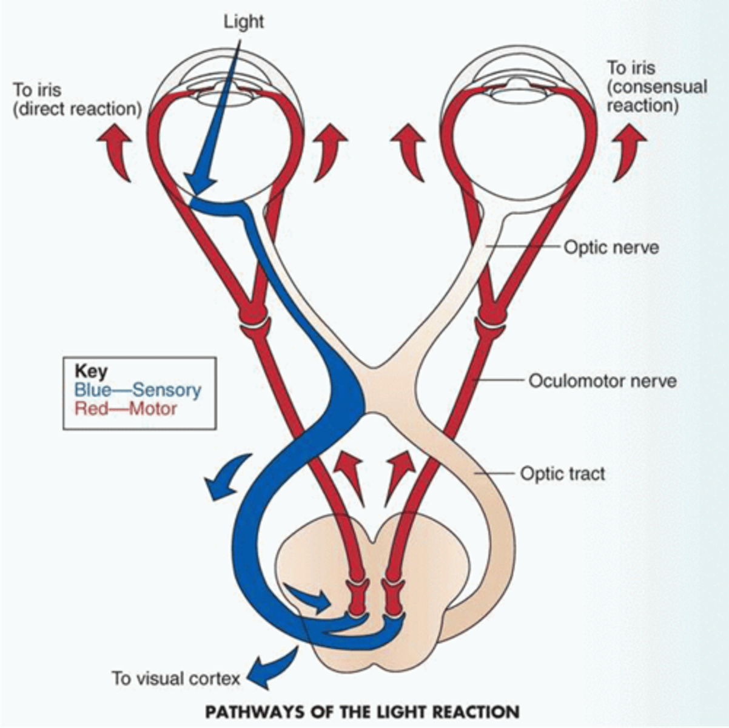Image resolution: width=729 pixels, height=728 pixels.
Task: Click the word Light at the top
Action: tap(243, 22)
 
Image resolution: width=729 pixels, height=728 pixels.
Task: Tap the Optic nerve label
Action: tap(611, 248)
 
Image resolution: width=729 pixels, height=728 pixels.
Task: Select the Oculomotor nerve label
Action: tap(602, 381)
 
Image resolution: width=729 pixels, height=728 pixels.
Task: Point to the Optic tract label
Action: tap(562, 473)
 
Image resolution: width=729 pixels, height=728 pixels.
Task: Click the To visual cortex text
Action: tap(176, 678)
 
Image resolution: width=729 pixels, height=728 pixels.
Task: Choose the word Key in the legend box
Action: tap(90, 371)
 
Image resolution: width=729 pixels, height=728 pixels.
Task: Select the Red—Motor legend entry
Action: tap(126, 408)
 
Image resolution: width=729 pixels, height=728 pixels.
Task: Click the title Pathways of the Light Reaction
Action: tap(362, 711)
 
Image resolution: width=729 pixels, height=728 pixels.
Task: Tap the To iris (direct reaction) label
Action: tap(78, 100)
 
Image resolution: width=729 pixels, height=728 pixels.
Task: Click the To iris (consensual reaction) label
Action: tap(656, 86)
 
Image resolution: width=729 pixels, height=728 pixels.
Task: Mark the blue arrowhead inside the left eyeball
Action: tap(200, 180)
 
